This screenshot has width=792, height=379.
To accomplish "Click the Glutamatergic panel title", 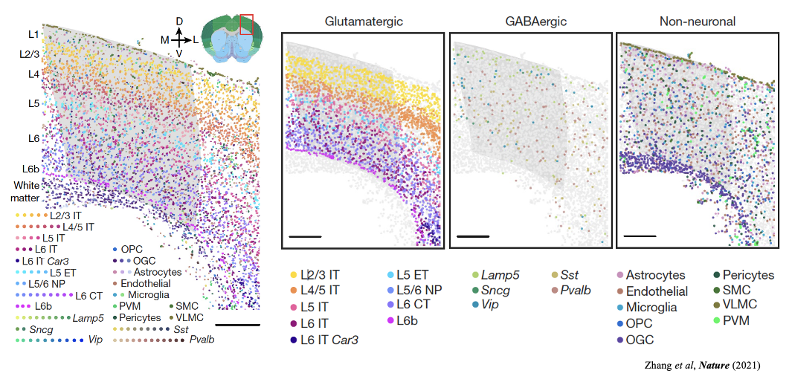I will [x=364, y=22].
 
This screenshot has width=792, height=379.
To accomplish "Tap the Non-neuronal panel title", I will [x=698, y=22].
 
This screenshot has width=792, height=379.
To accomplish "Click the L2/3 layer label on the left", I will [x=30, y=54].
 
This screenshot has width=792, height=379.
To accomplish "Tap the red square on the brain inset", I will [x=247, y=24].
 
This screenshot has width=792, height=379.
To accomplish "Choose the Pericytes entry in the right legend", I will [x=748, y=276].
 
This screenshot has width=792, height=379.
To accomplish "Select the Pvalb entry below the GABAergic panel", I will [x=576, y=291].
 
